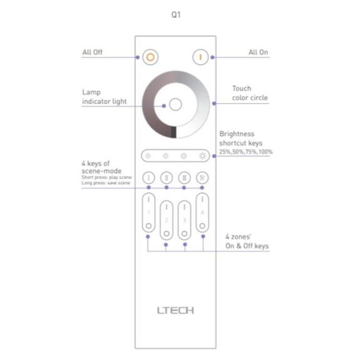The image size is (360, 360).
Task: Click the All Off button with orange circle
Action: tap(150, 57)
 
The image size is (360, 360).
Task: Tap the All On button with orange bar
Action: tap(200, 57)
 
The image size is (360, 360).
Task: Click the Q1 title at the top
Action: tap(176, 14)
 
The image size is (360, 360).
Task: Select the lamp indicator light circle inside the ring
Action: tap(175, 105)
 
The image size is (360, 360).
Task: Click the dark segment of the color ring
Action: tap(173, 132)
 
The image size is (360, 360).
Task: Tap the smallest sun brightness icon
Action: tap(148, 156)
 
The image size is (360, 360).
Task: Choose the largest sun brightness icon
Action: tap(202, 156)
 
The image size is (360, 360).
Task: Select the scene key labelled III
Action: tap(184, 178)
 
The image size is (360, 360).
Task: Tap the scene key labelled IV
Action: tap(202, 178)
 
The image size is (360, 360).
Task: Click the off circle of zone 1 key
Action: tap(148, 225)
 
